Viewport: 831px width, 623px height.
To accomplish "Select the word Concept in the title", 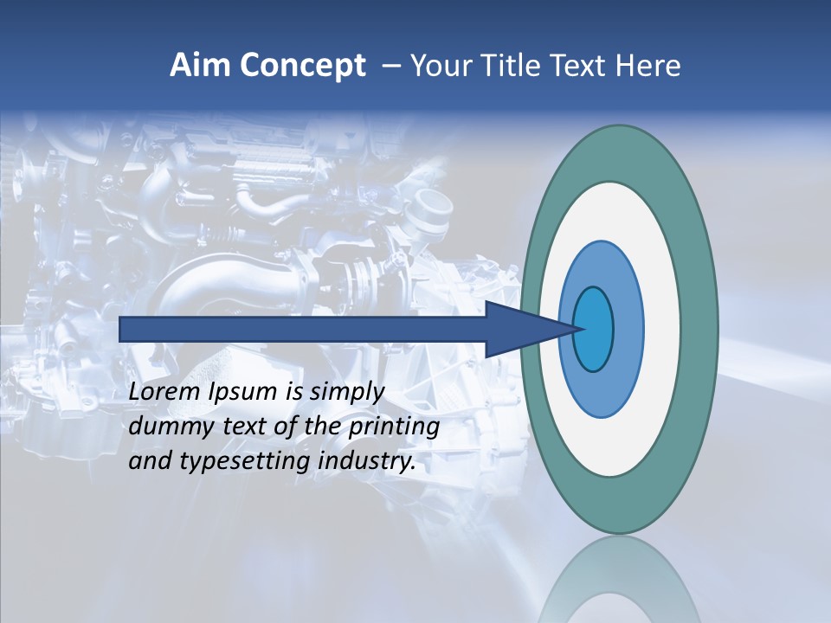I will [x=302, y=67].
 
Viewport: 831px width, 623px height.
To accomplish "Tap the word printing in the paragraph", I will [x=394, y=427].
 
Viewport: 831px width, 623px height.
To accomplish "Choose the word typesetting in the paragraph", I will [x=246, y=461].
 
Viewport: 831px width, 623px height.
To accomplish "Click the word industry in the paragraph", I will [x=367, y=461].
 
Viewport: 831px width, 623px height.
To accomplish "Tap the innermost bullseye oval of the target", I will [x=594, y=329].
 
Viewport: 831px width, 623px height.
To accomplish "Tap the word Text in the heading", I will [x=577, y=66].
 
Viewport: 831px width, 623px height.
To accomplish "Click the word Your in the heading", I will [x=440, y=66].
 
